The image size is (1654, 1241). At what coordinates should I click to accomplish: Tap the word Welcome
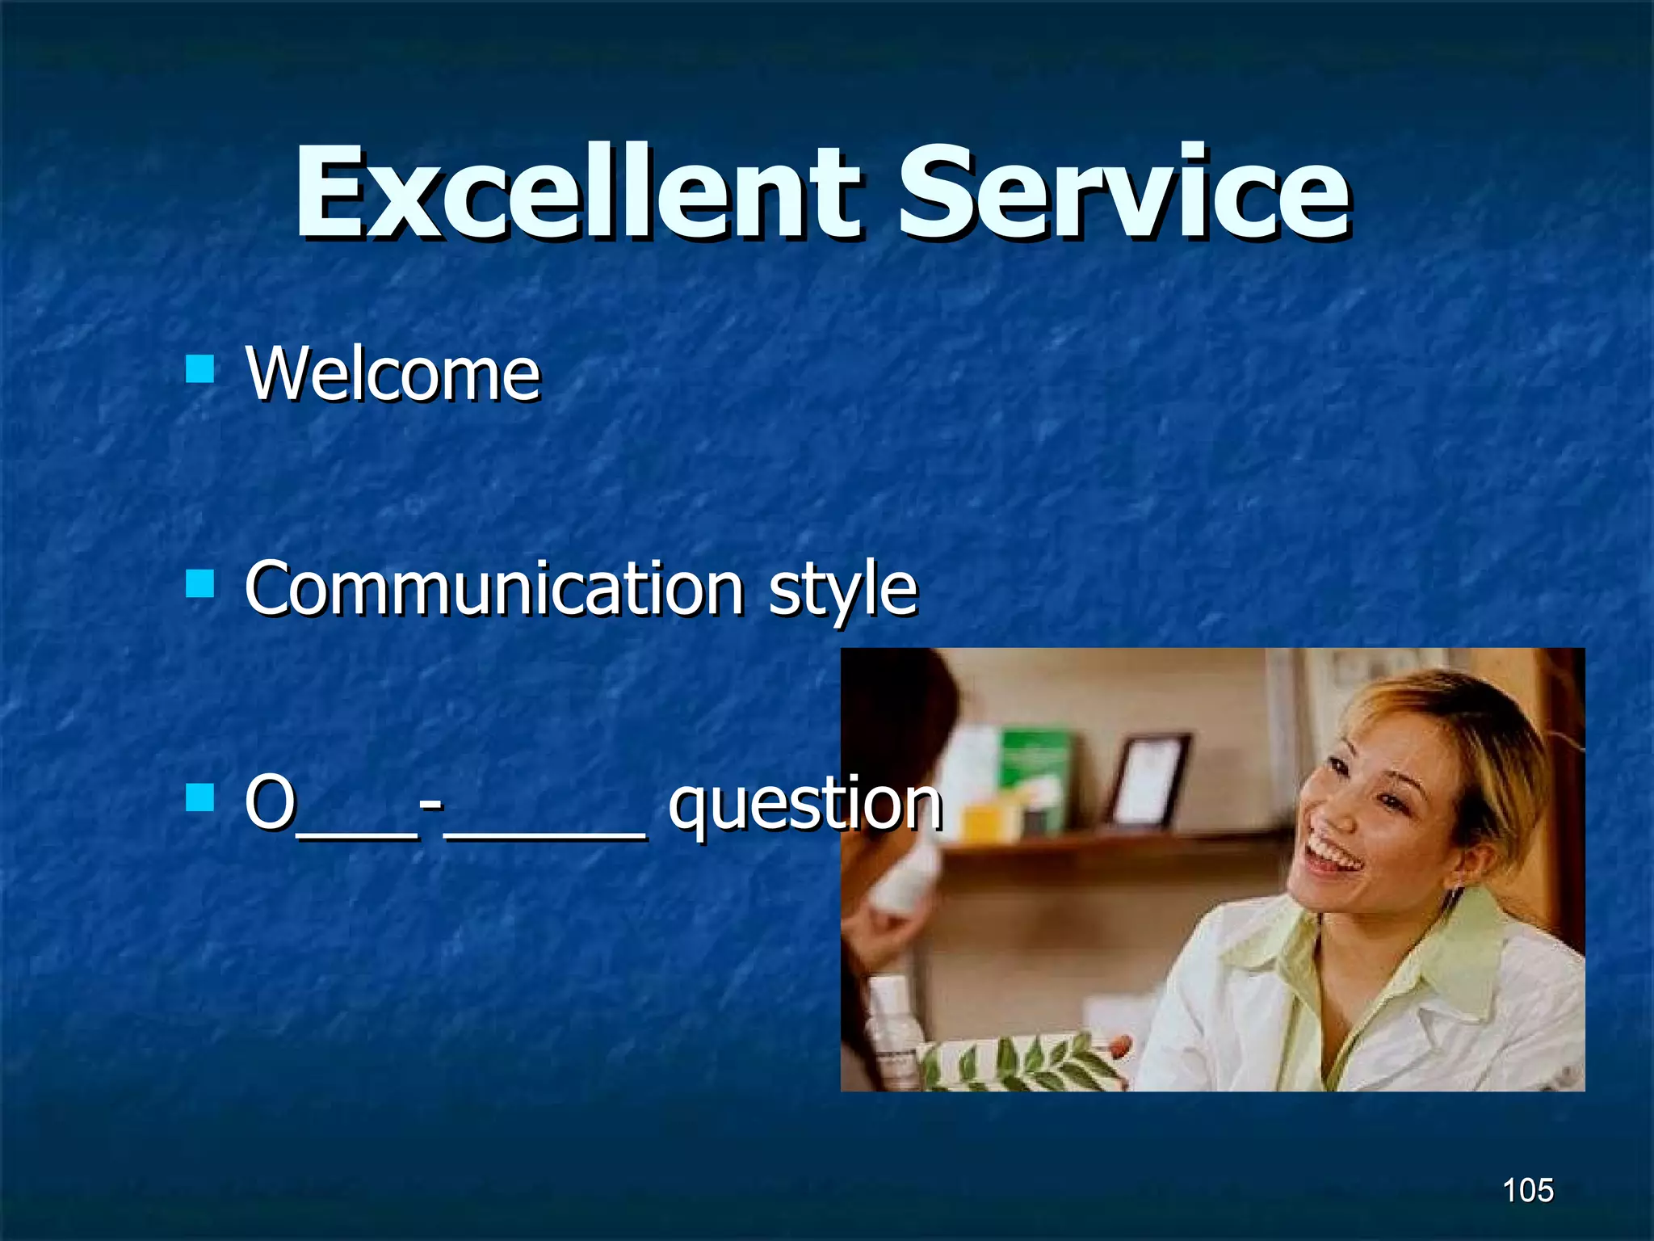pos(393,373)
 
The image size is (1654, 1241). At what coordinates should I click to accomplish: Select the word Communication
pos(493,588)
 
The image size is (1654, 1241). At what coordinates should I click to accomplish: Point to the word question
pos(804,803)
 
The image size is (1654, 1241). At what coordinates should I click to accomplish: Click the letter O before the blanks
pos(270,801)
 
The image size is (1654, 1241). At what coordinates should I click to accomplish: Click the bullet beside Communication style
pos(199,583)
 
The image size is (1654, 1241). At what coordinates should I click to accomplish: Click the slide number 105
pos(1527,1190)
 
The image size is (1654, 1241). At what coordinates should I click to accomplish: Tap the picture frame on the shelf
pos(1150,780)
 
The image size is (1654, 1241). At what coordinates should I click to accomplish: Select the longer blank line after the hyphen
pos(545,836)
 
